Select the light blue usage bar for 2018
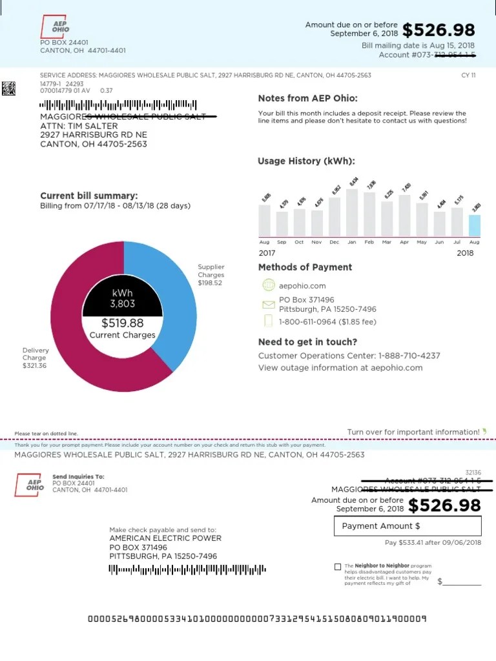474,225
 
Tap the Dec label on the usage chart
334,242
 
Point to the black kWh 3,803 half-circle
122,298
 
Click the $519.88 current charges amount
122,323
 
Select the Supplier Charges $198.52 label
211,275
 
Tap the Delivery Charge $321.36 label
35,358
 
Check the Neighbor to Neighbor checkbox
338,567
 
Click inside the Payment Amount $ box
408,526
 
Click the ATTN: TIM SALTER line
79,126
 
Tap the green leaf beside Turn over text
484,431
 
